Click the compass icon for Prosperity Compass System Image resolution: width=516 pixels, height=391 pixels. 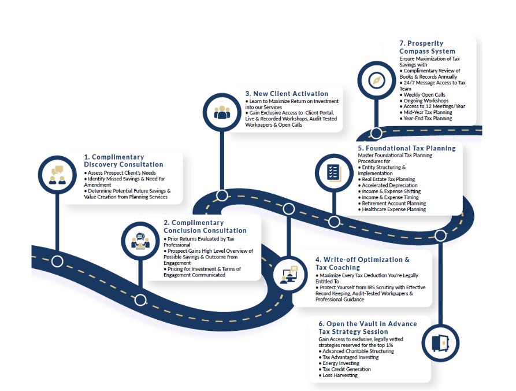click(x=377, y=80)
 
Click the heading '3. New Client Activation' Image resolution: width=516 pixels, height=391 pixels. click(x=287, y=94)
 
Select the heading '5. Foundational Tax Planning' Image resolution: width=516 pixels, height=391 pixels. click(x=406, y=149)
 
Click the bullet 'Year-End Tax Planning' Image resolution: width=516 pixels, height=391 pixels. click(x=428, y=119)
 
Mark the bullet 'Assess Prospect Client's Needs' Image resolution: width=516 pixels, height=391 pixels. click(x=122, y=173)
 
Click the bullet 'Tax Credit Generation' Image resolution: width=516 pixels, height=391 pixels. click(x=347, y=370)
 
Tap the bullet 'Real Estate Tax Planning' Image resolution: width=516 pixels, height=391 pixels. click(x=388, y=179)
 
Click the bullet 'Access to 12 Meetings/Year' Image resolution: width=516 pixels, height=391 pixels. click(x=434, y=106)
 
